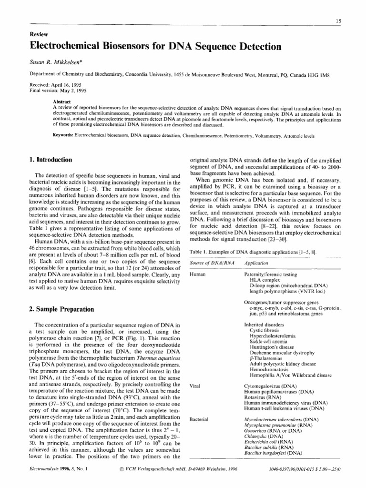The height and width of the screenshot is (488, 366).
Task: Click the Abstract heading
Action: [x=62, y=102]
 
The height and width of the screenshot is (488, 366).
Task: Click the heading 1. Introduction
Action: [x=51, y=160]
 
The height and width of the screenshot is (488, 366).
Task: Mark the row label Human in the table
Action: [x=197, y=275]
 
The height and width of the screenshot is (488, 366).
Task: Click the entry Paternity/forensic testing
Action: [x=270, y=275]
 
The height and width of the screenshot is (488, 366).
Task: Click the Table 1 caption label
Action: [x=199, y=251]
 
